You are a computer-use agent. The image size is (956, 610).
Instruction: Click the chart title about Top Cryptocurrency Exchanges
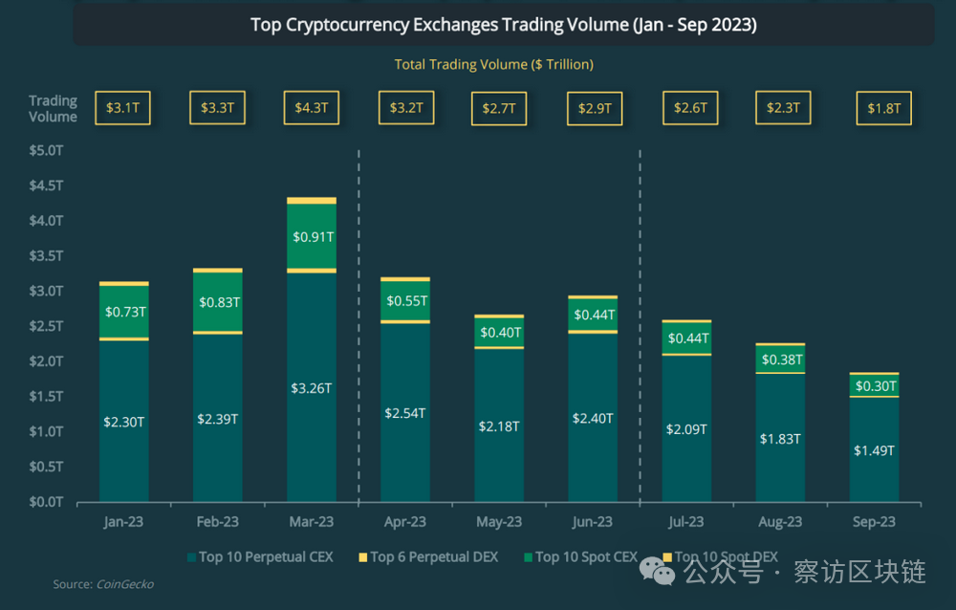pyautogui.click(x=503, y=25)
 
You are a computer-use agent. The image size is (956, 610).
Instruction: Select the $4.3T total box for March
pyautogui.click(x=312, y=108)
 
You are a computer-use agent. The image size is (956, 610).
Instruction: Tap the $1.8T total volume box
pyautogui.click(x=883, y=108)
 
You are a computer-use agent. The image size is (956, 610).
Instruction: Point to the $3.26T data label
pyautogui.click(x=312, y=388)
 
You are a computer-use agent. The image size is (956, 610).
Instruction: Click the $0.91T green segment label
pyautogui.click(x=312, y=237)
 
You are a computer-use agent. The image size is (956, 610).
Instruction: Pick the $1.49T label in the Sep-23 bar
pyautogui.click(x=874, y=449)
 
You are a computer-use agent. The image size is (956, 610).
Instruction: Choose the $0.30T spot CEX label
pyautogui.click(x=874, y=386)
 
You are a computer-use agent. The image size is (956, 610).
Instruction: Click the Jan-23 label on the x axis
pyautogui.click(x=124, y=522)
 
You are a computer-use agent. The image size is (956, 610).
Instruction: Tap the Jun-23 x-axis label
pyautogui.click(x=592, y=522)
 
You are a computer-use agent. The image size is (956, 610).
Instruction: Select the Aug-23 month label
pyautogui.click(x=780, y=522)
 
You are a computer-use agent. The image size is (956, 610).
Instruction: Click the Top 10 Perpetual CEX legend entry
pyautogui.click(x=260, y=556)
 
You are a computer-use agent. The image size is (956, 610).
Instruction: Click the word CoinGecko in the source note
pyautogui.click(x=124, y=584)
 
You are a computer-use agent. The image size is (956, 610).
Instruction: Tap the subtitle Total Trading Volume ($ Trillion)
pyautogui.click(x=493, y=64)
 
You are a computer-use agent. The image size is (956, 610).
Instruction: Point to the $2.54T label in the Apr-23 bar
pyautogui.click(x=405, y=413)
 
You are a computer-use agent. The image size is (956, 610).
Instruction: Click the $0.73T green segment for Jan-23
pyautogui.click(x=124, y=312)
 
